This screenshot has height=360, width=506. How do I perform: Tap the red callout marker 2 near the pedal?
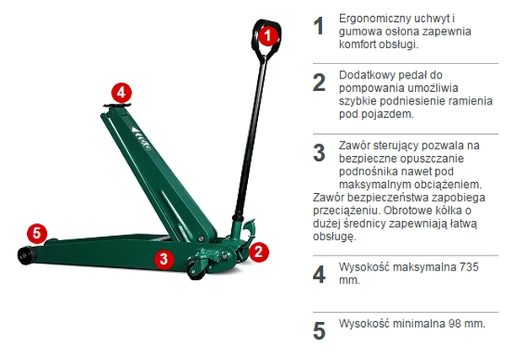click(x=259, y=250)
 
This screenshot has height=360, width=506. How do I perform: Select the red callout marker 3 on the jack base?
click(x=165, y=259)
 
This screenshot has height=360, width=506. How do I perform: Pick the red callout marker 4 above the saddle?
click(x=121, y=91)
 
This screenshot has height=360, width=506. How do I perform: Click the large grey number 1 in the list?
click(x=318, y=26)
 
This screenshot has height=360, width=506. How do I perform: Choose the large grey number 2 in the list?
click(x=318, y=82)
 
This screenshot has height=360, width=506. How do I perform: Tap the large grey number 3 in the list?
click(x=318, y=153)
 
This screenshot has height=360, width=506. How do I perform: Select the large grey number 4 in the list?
click(x=318, y=274)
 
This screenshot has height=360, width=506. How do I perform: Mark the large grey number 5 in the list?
click(x=318, y=330)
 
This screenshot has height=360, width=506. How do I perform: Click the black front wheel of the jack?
click(x=24, y=255)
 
